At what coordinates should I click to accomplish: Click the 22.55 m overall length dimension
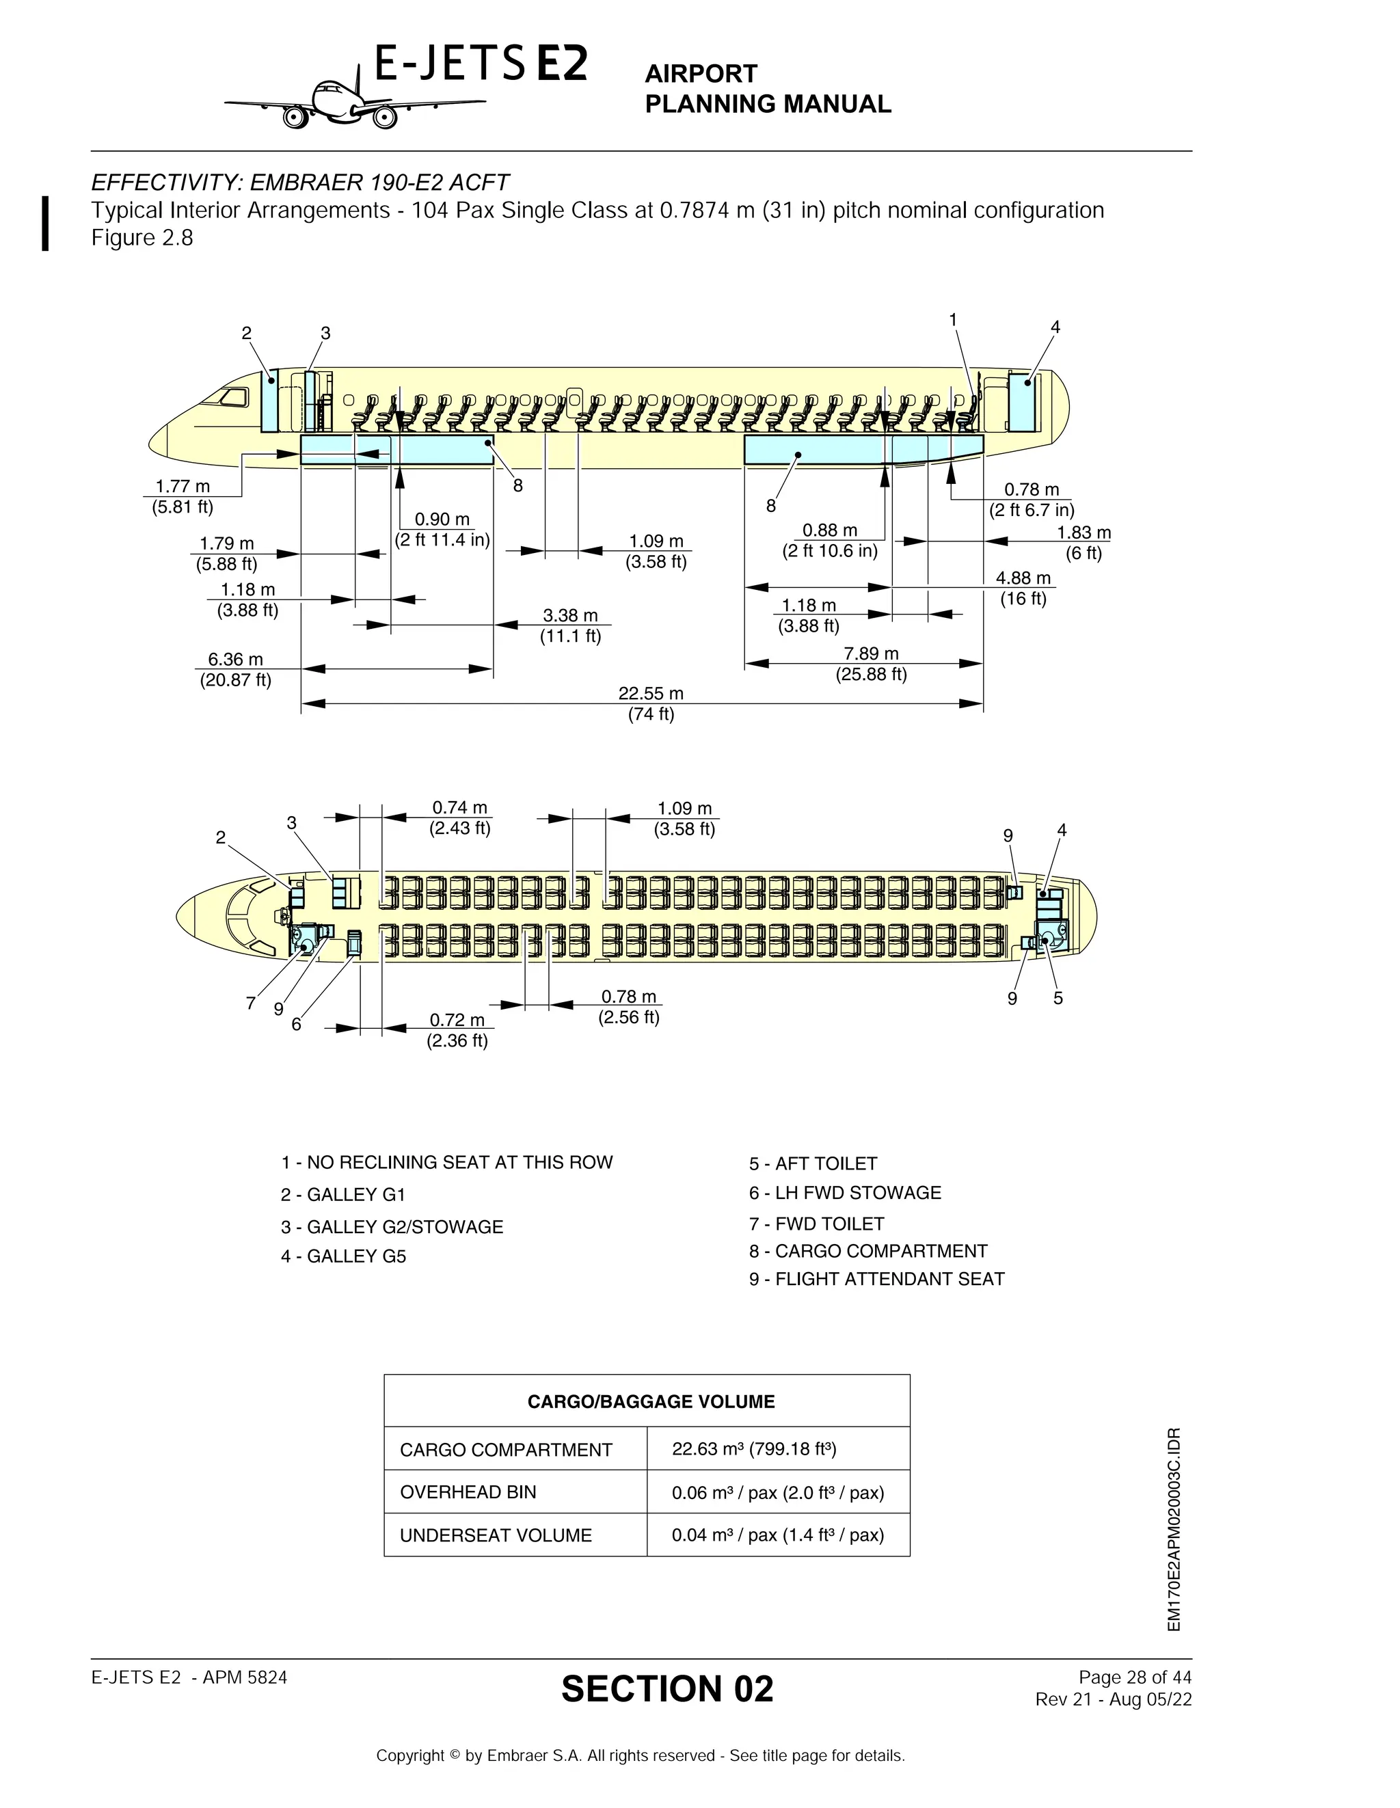point(651,693)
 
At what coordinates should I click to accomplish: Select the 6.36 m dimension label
point(235,660)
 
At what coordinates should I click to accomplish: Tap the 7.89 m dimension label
point(871,654)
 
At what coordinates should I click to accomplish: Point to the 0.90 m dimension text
point(442,519)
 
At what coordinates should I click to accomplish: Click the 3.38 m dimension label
point(569,616)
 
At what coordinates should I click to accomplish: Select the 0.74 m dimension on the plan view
point(459,808)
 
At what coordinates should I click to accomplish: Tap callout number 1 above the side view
point(953,319)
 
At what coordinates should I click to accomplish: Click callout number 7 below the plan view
point(250,1003)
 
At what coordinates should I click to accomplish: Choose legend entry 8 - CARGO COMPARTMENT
point(867,1251)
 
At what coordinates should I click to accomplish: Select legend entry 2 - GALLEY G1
point(342,1195)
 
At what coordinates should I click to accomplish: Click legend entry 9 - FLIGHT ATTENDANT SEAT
point(876,1279)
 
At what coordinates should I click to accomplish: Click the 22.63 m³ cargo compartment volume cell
point(753,1448)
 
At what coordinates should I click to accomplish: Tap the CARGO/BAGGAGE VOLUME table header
point(651,1401)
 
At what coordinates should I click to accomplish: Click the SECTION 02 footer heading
point(667,1689)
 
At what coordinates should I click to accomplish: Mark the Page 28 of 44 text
point(1134,1677)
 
